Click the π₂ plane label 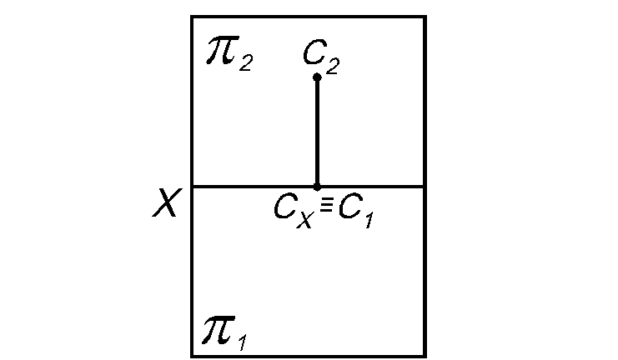(228, 53)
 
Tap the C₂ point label (321, 57)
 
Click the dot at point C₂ (317, 77)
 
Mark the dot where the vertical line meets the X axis (317, 186)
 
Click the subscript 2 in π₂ (245, 62)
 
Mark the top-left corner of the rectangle (192, 17)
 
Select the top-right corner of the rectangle (425, 17)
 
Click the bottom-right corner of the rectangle (425, 356)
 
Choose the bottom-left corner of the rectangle (192, 356)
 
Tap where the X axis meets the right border (425, 186)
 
